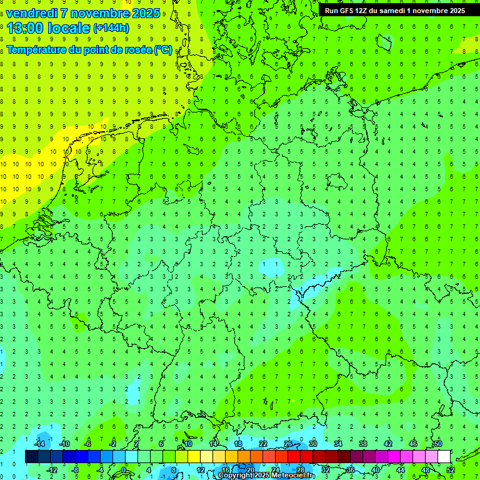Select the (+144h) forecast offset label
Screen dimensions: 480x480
pyautogui.click(x=111, y=27)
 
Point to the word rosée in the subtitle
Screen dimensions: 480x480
pyautogui.click(x=137, y=50)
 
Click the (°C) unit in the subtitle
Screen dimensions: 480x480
pyautogui.click(x=163, y=50)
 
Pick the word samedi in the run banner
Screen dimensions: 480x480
pyautogui.click(x=391, y=11)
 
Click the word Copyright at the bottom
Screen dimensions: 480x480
pyautogui.click(x=236, y=476)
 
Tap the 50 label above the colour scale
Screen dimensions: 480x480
pyautogui.click(x=437, y=444)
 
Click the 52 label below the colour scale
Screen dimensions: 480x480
pyautogui.click(x=451, y=470)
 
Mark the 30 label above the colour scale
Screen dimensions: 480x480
pyautogui.click(x=312, y=444)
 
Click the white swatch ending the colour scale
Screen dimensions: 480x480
pyautogui.click(x=444, y=457)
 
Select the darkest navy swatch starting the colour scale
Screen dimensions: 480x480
pyautogui.click(x=31, y=457)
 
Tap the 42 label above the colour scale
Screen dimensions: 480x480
pyautogui.click(x=387, y=444)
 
